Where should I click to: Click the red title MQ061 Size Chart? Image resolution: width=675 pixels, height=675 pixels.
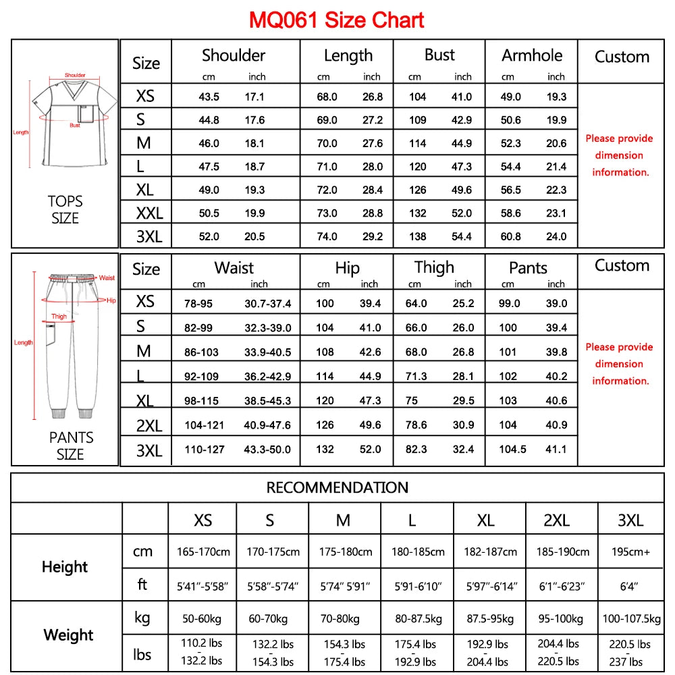[x=337, y=20]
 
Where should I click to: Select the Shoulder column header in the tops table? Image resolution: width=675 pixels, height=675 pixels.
[x=234, y=55]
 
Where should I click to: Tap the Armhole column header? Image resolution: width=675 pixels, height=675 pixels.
[x=531, y=55]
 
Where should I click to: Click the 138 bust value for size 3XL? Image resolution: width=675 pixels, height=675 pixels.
[x=418, y=236]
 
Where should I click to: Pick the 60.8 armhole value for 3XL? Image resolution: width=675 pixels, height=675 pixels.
[x=510, y=236]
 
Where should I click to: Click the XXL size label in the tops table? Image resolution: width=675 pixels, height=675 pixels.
[x=149, y=213]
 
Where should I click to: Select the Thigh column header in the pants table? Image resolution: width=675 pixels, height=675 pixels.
[x=434, y=267]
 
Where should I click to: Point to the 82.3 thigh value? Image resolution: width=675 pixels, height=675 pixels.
[x=416, y=450]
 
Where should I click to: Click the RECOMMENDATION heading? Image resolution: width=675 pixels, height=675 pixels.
[x=337, y=487]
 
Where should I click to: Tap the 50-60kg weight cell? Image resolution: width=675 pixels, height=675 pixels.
[x=202, y=618]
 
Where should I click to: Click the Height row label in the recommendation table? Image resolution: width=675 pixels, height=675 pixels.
[x=65, y=566]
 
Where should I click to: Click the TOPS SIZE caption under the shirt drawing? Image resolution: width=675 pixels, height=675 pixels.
[x=65, y=209]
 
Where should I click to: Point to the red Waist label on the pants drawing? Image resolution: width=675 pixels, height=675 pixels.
[x=107, y=277]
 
